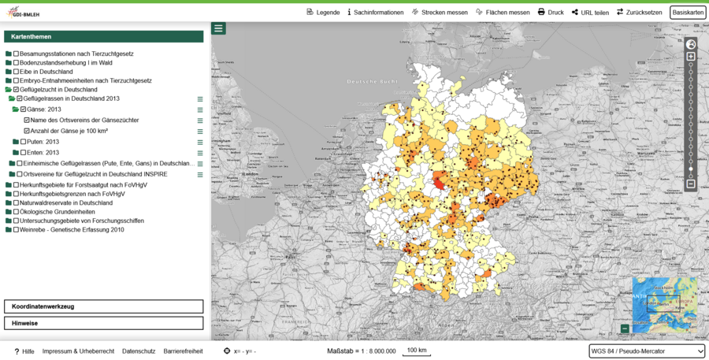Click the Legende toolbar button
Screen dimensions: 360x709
point(323,13)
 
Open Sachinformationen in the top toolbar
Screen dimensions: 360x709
point(375,13)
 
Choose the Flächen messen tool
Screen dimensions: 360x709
point(503,13)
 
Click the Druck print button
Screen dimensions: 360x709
point(551,13)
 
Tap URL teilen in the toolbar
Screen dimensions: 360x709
point(590,13)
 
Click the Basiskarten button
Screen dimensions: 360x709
point(688,13)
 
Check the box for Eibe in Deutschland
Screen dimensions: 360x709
point(16,72)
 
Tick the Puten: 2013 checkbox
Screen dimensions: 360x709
point(23,142)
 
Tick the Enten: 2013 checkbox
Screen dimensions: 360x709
point(23,152)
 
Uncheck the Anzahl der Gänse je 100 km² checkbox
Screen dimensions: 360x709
point(27,131)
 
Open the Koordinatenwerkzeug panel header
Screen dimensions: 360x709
point(103,306)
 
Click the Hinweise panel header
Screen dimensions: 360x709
point(103,323)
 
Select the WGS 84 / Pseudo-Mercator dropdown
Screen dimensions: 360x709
point(647,351)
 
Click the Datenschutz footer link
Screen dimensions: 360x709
point(139,351)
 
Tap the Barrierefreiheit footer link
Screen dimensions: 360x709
point(183,351)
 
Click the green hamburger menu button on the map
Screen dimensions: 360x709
point(219,28)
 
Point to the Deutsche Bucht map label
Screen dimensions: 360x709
point(369,82)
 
